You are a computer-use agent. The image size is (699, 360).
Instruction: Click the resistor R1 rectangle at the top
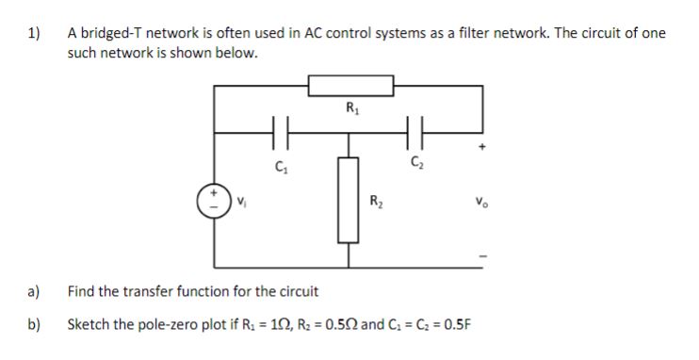coord(350,87)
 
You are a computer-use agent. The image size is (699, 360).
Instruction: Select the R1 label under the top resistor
coord(351,106)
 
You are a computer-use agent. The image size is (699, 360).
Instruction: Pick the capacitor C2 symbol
coord(415,133)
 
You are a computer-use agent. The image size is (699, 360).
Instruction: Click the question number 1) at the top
coord(35,33)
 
